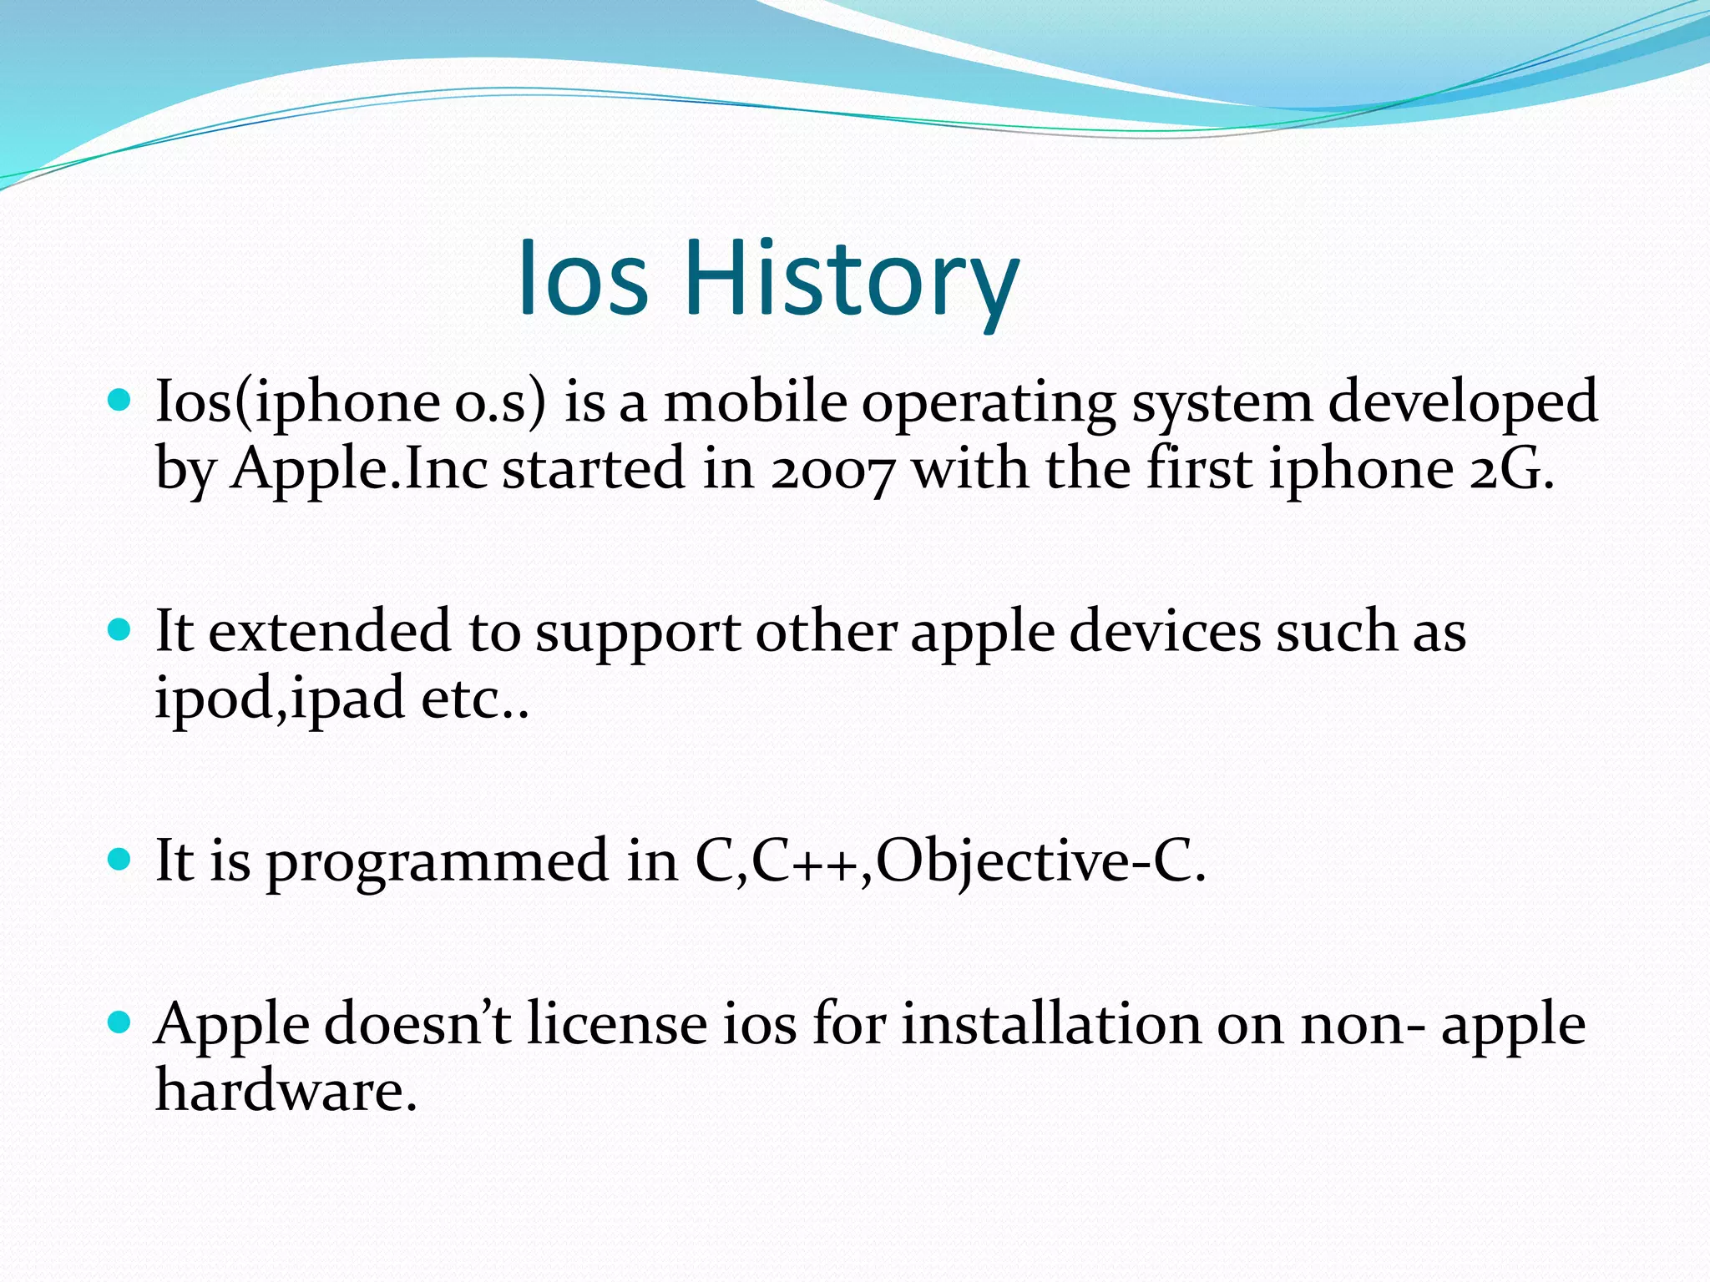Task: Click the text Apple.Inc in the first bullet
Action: pos(359,470)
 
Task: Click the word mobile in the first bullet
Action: pos(755,402)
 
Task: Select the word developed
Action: pos(1463,402)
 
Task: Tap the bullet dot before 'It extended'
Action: pos(120,629)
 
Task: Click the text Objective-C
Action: pos(1040,863)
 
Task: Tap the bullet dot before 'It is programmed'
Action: pos(120,859)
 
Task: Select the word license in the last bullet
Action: pos(617,1025)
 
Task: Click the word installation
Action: pos(1051,1025)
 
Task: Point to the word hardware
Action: pos(286,1091)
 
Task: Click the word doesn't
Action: pos(417,1025)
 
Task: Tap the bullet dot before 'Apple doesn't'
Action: pos(120,1022)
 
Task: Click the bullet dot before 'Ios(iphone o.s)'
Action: pos(120,400)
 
